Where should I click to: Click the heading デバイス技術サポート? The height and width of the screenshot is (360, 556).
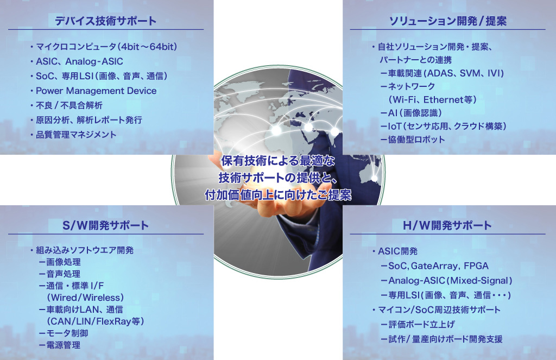point(106,21)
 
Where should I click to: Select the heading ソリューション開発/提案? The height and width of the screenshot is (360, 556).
point(448,21)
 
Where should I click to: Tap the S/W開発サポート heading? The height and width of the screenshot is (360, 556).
point(106,225)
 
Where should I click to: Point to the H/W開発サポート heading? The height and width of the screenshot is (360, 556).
point(447,225)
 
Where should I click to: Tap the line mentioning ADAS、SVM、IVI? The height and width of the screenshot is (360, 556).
point(442,73)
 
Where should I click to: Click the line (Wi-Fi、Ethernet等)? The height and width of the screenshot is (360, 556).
point(432,100)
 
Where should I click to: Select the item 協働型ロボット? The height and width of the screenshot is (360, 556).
point(413,140)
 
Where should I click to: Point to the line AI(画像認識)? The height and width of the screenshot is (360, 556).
point(412,113)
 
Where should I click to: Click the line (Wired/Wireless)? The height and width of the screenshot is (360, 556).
point(85,298)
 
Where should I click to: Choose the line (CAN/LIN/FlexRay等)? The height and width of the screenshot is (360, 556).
point(96,321)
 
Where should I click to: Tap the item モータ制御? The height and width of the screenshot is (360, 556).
point(64,333)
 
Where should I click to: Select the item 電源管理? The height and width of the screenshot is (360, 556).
point(60,345)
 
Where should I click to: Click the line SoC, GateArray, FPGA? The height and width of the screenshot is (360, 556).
point(435,266)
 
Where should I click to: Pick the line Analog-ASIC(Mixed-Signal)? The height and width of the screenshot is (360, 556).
point(447,281)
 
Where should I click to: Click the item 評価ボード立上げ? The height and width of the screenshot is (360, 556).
point(418,325)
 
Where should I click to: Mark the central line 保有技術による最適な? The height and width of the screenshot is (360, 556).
point(278,161)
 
